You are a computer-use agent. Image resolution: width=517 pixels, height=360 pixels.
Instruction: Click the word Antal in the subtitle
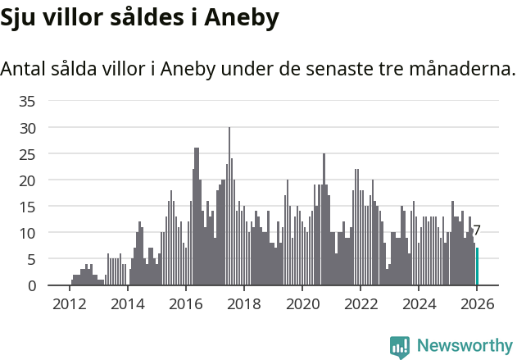tap(23, 69)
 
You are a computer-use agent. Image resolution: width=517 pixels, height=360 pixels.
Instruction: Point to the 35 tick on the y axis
tap(27, 102)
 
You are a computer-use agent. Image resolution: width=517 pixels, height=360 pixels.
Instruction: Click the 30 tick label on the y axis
tap(27, 128)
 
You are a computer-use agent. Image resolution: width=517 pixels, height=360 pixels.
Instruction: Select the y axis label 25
tap(27, 154)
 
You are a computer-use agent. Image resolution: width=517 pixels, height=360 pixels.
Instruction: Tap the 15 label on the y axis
tap(27, 207)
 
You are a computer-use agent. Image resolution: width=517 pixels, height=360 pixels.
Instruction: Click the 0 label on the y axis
tap(31, 285)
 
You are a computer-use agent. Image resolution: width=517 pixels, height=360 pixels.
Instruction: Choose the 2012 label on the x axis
tap(69, 304)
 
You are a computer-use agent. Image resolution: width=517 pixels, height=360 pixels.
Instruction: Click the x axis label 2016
tap(185, 304)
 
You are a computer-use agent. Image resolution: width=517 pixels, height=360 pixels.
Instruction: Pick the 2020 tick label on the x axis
tap(302, 304)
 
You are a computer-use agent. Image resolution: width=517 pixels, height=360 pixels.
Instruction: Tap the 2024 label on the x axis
tap(419, 304)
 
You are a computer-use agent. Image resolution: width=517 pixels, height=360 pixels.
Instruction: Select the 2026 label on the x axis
tap(477, 304)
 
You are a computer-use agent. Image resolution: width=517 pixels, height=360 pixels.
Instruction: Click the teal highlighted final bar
tap(478, 267)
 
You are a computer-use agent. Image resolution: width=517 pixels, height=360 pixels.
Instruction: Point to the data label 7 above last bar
tap(477, 231)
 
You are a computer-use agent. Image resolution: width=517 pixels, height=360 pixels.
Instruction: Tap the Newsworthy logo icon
tap(400, 347)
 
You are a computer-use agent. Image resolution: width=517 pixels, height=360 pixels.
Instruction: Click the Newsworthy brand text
tap(465, 346)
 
